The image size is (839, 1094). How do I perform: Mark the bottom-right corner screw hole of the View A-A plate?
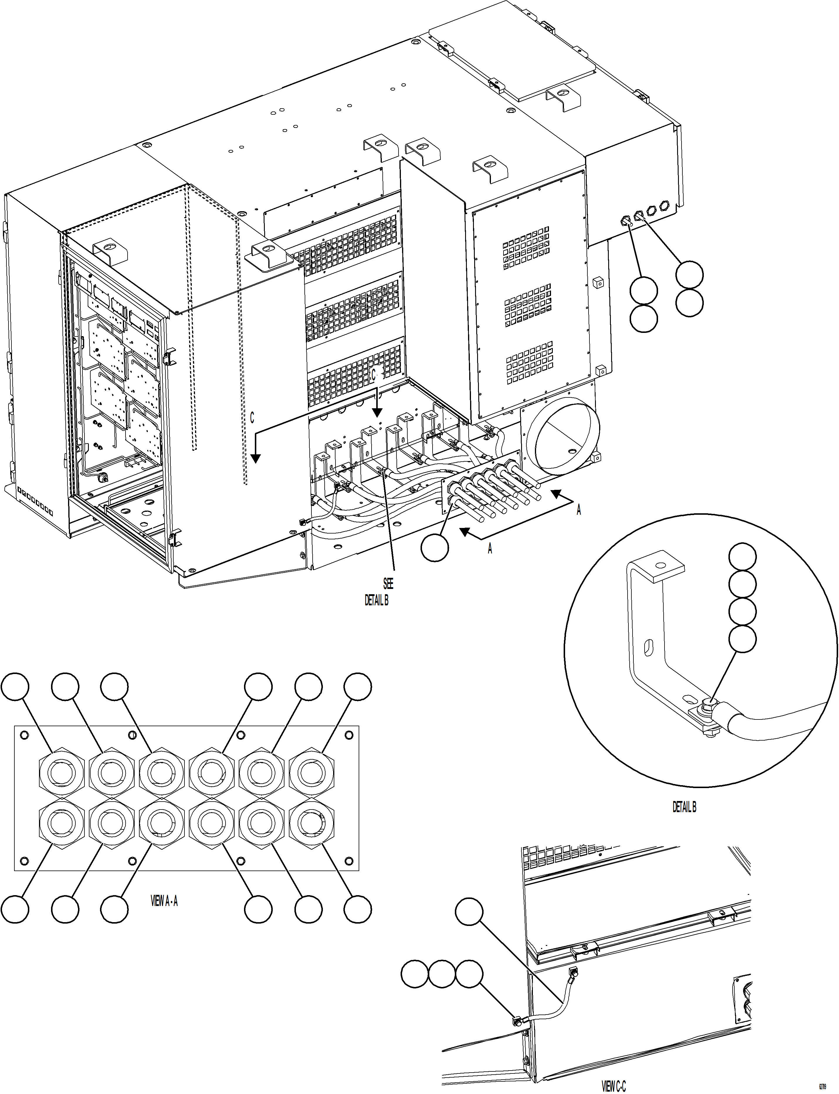click(x=349, y=861)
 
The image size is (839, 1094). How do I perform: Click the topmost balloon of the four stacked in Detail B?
click(x=742, y=556)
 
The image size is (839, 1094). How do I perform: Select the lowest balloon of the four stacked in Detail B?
click(x=742, y=639)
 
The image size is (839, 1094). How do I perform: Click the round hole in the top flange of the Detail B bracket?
click(x=661, y=565)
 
